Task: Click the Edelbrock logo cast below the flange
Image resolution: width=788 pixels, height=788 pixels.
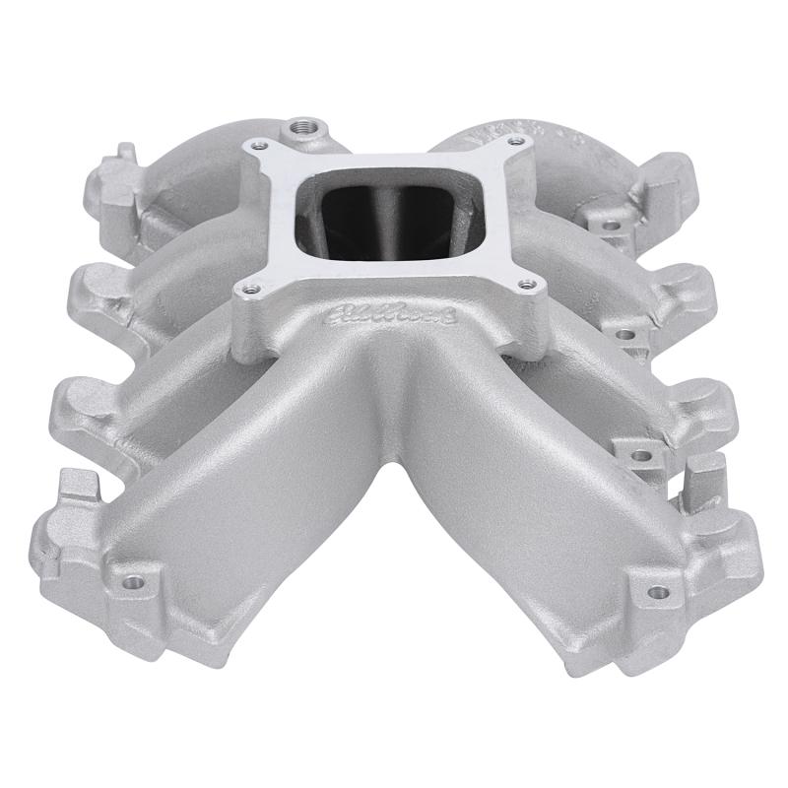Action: click(x=390, y=318)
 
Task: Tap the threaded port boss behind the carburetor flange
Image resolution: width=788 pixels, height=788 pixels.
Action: click(x=299, y=129)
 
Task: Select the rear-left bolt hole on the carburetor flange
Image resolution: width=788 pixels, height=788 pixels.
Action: click(x=262, y=147)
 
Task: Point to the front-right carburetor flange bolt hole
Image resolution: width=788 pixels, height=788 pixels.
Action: click(x=530, y=285)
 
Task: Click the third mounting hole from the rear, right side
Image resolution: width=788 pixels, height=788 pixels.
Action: click(x=641, y=455)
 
